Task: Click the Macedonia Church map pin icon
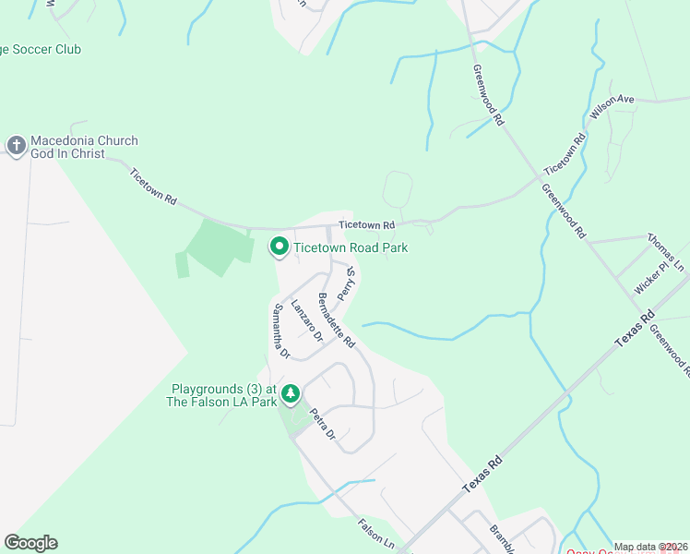(x=16, y=146)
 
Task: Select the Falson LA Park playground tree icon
(x=291, y=394)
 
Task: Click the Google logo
(x=30, y=543)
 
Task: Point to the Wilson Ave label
(x=613, y=108)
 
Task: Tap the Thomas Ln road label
(x=666, y=251)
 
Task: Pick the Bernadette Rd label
(x=336, y=319)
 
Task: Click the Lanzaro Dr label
(x=306, y=320)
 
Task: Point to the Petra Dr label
(x=322, y=424)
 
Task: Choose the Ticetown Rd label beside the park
(x=366, y=224)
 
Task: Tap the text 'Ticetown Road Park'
(x=351, y=247)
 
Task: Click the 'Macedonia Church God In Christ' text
(x=84, y=147)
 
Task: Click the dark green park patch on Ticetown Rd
(x=219, y=247)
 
